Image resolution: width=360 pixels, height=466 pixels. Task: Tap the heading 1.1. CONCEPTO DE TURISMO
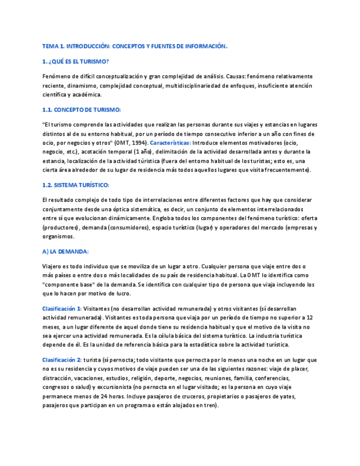coord(81,110)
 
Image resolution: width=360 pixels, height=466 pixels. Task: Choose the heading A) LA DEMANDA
coord(65,251)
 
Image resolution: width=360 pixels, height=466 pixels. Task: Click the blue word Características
coord(170,142)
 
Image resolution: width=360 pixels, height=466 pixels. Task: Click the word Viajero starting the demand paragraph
coord(53,266)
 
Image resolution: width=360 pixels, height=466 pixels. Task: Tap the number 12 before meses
coord(309,318)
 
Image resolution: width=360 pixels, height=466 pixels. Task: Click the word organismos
coord(58,236)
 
